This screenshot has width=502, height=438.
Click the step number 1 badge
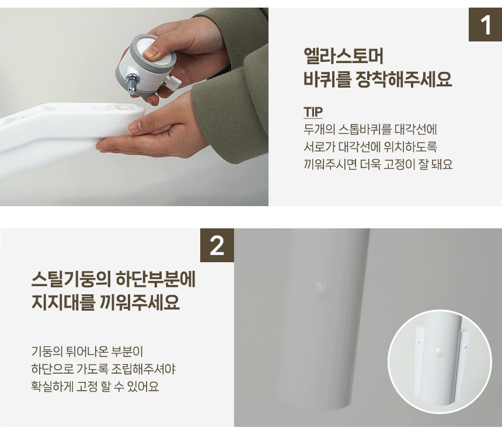(485, 25)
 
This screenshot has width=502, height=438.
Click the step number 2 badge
(217, 245)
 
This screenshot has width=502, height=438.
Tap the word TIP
(313, 112)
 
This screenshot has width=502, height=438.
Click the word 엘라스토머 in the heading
(343, 56)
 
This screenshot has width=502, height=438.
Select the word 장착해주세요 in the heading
(404, 79)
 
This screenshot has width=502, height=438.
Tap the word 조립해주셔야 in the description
(143, 369)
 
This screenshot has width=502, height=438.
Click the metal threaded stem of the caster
(131, 84)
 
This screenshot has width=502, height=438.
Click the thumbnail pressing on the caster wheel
(151, 52)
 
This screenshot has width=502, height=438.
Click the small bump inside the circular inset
(438, 351)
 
